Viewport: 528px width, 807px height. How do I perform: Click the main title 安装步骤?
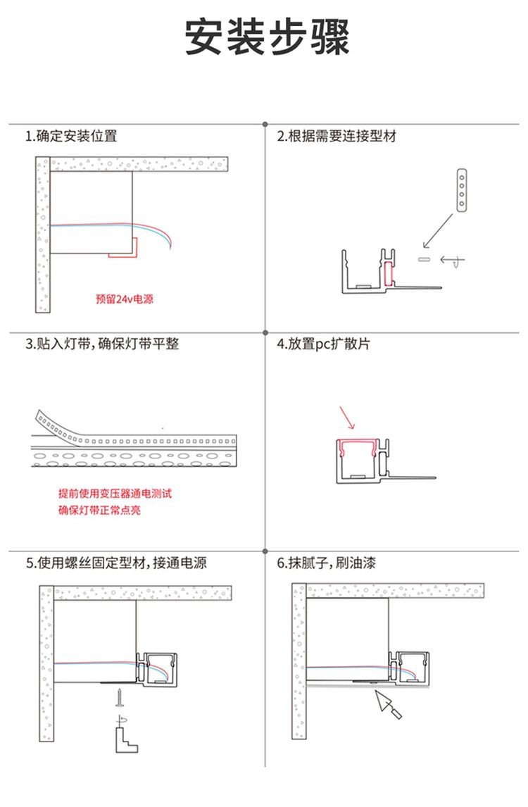pyautogui.click(x=267, y=37)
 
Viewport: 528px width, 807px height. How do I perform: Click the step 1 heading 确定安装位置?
pyautogui.click(x=71, y=136)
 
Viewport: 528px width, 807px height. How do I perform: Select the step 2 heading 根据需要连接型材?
pyautogui.click(x=337, y=136)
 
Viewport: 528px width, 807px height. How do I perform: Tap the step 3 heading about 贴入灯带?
pyautogui.click(x=102, y=344)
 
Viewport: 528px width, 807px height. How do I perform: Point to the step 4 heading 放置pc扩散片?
pyautogui.click(x=323, y=344)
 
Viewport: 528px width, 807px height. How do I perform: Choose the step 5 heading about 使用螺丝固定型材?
pyautogui.click(x=116, y=563)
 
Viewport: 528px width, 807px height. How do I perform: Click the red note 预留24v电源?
pyautogui.click(x=124, y=299)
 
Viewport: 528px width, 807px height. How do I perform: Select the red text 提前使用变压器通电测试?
pyautogui.click(x=115, y=494)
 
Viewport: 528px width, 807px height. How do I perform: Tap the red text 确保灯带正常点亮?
pyautogui.click(x=99, y=510)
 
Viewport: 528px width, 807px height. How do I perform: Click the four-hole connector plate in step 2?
pyautogui.click(x=462, y=189)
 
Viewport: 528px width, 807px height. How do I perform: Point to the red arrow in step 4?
pyautogui.click(x=347, y=418)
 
